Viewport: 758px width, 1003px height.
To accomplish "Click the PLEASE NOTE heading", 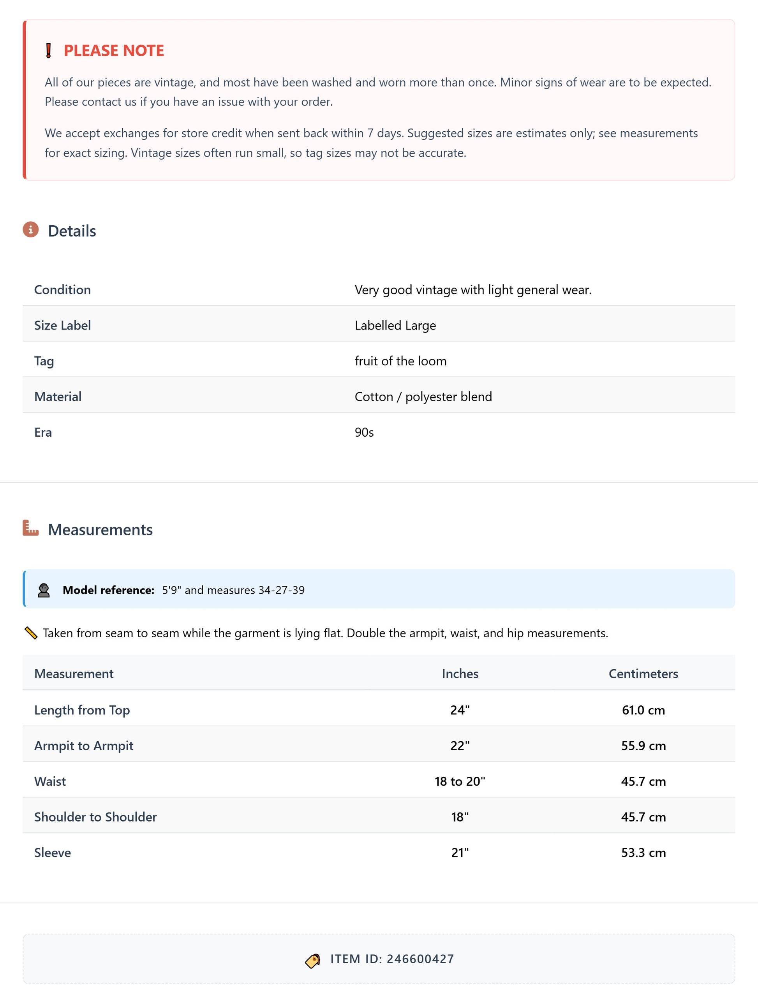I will [x=114, y=51].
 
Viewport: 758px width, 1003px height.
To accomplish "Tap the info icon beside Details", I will [x=30, y=230].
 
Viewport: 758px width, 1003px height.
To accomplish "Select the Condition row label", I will [x=63, y=290].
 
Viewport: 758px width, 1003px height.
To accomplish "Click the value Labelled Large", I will [x=395, y=325].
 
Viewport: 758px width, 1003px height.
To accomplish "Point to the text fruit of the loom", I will [x=400, y=361].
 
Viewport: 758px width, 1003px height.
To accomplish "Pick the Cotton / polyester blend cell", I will [x=423, y=397].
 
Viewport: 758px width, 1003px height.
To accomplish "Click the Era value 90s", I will [x=364, y=432].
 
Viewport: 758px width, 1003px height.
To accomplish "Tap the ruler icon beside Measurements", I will [x=30, y=528].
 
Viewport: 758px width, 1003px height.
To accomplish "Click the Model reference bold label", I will [x=108, y=590].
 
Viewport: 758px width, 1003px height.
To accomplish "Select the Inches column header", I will [x=460, y=673].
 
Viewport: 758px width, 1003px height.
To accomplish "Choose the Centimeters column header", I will [x=643, y=673].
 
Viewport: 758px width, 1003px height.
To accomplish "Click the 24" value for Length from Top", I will [x=460, y=710].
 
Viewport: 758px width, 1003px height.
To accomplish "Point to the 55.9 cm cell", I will [x=643, y=746].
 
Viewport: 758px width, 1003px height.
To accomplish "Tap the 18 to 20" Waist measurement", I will [x=460, y=781].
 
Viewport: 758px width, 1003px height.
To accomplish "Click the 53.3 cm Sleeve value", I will [x=643, y=853].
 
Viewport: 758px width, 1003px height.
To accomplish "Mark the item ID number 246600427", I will [x=420, y=959].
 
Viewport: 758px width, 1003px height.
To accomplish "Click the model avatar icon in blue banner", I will [x=44, y=590].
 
